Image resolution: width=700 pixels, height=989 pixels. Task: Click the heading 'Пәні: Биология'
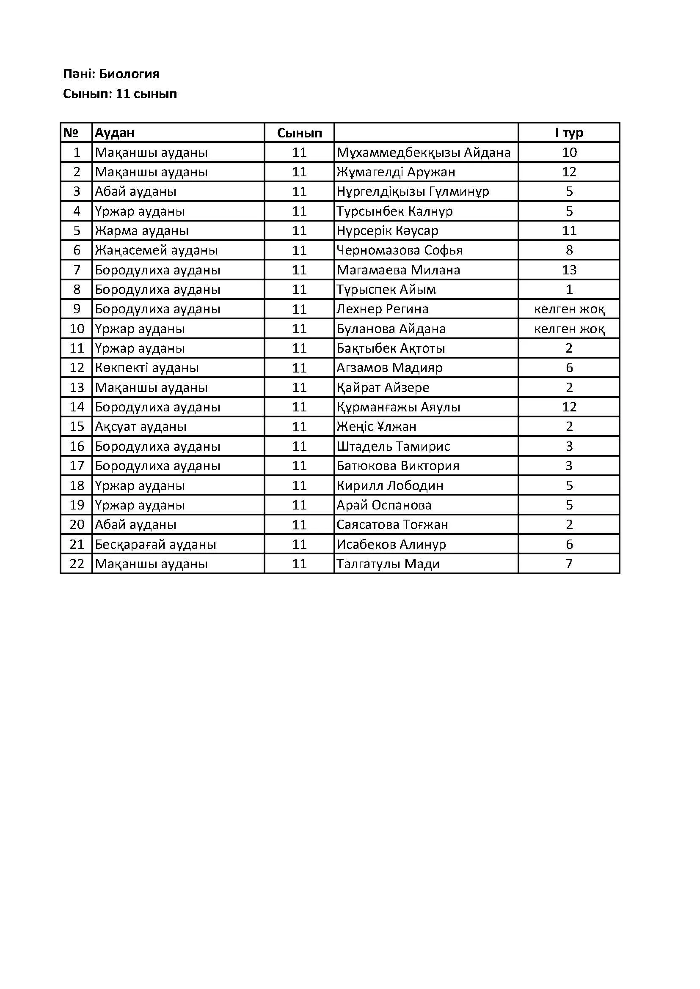point(111,74)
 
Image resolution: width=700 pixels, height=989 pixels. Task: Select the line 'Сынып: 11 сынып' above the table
point(120,94)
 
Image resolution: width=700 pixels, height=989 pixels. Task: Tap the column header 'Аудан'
point(115,133)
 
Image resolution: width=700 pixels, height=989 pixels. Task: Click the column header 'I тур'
point(569,133)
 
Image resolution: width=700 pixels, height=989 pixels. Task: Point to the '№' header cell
point(71,133)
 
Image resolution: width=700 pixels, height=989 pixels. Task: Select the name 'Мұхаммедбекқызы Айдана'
point(423,153)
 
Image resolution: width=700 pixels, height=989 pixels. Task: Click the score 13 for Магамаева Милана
point(569,270)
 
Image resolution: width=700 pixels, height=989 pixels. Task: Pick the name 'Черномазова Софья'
point(400,250)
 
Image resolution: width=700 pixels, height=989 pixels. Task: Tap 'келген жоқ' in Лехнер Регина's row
point(569,309)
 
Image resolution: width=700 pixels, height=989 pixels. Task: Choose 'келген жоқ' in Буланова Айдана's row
point(569,329)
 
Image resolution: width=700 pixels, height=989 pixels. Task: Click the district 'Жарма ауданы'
point(142,231)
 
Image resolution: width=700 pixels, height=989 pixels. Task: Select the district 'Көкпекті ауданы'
point(147,368)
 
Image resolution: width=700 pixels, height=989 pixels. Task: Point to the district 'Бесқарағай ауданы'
point(156,545)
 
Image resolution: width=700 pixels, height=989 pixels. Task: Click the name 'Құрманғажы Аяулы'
point(398,407)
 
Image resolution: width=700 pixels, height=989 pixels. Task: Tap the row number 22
point(77,564)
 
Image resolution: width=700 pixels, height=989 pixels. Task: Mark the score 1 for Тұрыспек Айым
point(569,290)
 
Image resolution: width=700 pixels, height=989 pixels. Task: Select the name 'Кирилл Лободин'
point(390,486)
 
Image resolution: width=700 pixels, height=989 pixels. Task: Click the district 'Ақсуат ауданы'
point(141,427)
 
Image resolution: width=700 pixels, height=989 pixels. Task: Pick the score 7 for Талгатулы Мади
point(569,564)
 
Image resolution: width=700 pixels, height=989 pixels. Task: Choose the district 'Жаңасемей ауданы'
point(157,250)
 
